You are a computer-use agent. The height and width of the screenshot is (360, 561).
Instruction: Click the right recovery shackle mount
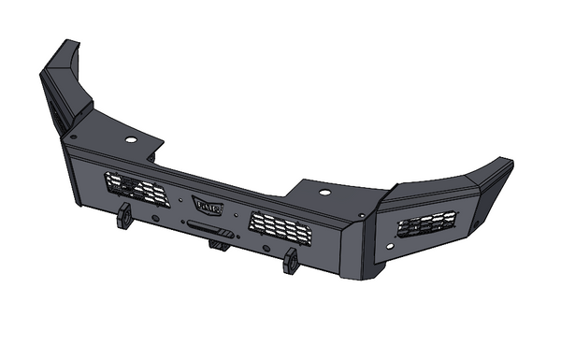[x=291, y=260]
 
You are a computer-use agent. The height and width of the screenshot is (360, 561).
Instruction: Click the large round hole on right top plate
[x=324, y=192]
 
